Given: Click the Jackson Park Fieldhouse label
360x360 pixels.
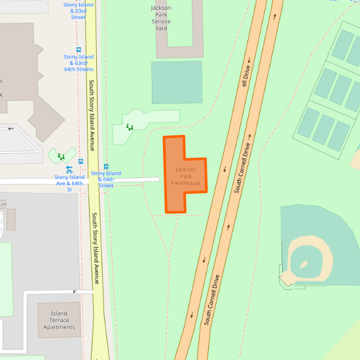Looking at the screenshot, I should [x=186, y=176].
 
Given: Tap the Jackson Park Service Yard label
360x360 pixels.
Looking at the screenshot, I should [x=161, y=18].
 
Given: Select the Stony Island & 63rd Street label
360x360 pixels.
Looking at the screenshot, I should [x=78, y=10].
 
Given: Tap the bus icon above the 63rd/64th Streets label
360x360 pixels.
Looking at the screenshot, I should [x=79, y=50].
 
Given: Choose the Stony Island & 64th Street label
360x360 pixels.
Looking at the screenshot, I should [x=106, y=179].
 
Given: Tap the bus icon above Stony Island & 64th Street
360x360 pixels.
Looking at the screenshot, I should [x=106, y=166].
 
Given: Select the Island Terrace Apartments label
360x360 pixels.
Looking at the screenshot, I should [x=59, y=320].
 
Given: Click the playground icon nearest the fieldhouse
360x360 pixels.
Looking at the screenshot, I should [x=130, y=128].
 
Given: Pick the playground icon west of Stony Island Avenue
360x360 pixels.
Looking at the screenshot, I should [x=62, y=156].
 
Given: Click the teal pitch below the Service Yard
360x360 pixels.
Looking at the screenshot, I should [x=177, y=82].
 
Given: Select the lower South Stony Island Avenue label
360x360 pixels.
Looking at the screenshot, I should [x=96, y=249].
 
